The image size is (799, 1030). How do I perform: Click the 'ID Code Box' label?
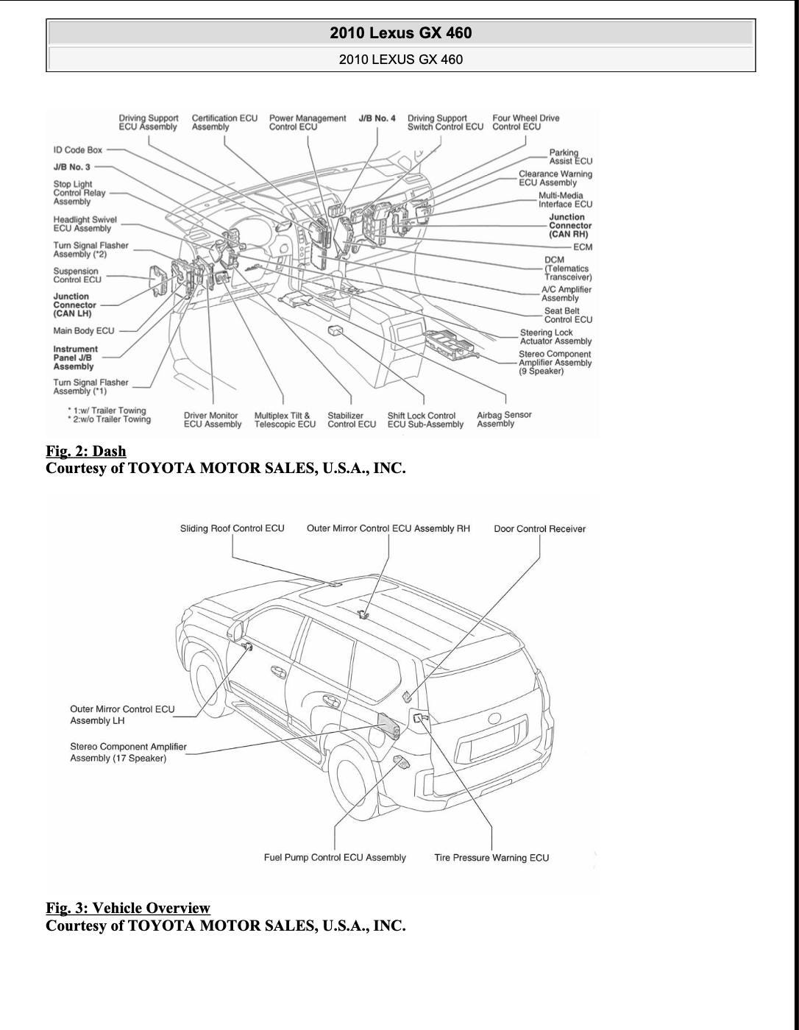coord(77,150)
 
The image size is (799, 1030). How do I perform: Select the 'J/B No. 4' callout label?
coord(377,118)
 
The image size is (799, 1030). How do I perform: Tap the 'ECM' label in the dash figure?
coord(582,247)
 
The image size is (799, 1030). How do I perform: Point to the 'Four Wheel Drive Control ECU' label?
coord(525,122)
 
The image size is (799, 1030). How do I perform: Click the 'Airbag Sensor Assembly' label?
coord(504,419)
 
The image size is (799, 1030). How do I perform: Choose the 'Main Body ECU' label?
coord(84,331)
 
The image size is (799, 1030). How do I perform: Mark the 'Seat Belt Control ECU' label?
coord(567,315)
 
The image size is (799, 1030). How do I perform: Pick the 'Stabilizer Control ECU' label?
coord(352,420)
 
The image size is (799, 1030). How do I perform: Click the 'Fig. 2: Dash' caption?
coord(86,451)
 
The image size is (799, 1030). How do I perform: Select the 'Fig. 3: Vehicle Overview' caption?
coord(128,908)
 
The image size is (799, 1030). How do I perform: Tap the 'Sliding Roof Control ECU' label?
coord(232,528)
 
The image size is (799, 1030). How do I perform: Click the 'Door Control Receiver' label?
coord(539,529)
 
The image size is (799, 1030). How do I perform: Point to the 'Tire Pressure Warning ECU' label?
coord(491,858)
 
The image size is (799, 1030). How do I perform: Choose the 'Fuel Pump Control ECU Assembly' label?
coord(335,858)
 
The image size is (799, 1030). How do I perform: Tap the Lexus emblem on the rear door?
coord(494,719)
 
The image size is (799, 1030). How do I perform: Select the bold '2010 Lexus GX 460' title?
coord(401,33)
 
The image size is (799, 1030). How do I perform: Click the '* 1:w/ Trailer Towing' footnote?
coord(107,411)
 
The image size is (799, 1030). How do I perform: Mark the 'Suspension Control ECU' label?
coord(77,275)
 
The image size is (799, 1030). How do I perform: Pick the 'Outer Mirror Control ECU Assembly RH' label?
coord(388,529)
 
